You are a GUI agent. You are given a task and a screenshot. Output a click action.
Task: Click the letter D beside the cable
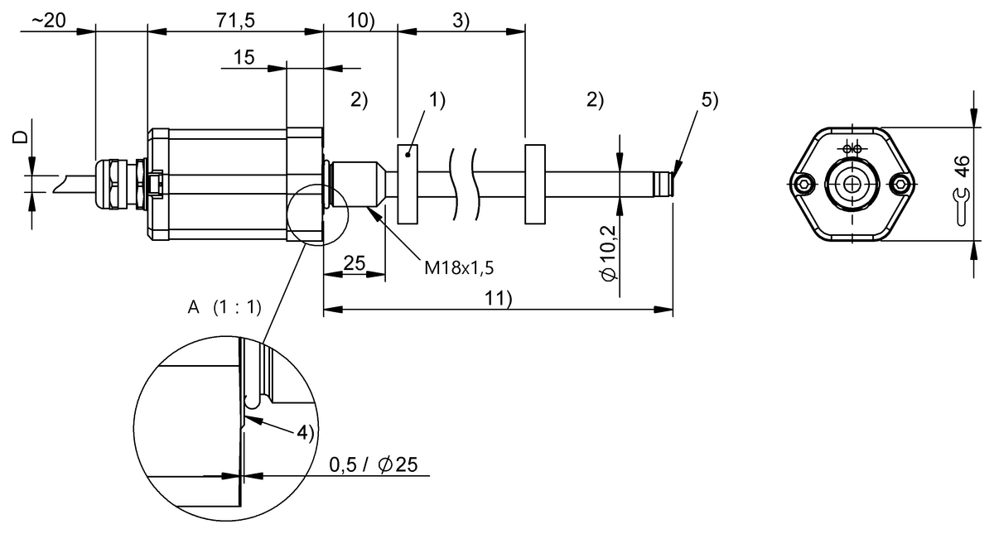tap(21, 136)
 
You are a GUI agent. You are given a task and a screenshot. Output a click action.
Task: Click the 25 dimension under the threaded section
tap(354, 264)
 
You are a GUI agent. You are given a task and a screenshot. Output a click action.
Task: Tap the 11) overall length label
tap(497, 299)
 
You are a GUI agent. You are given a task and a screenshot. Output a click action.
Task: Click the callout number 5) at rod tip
tap(710, 100)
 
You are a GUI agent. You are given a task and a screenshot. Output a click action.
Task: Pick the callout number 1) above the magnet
tap(437, 100)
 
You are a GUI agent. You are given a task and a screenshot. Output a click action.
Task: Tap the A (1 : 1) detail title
tap(224, 308)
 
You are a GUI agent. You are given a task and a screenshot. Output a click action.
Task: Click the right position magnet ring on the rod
tap(534, 184)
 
